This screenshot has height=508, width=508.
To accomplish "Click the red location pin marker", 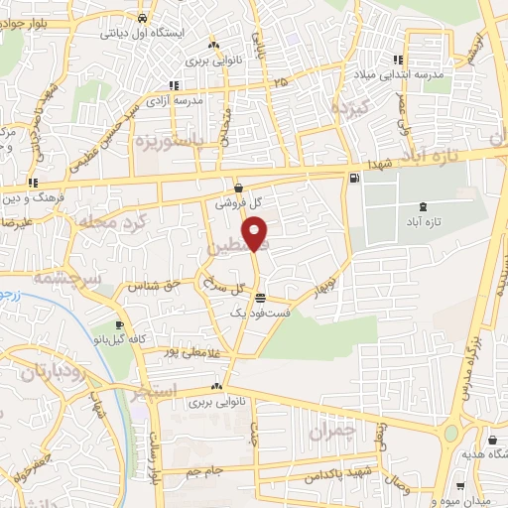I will click(257, 234).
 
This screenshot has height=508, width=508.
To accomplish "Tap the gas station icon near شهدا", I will click(353, 179).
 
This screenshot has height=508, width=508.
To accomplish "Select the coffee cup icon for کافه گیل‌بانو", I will click(120, 325).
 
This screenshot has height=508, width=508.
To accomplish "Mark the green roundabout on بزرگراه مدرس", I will click(452, 433).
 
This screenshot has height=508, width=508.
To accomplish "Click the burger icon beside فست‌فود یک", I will click(260, 298).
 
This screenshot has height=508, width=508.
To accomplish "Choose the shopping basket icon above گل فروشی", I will click(239, 187).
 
